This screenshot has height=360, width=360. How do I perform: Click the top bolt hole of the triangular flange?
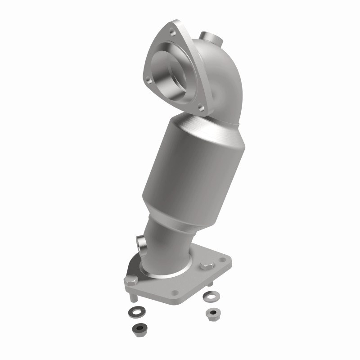click(172, 32)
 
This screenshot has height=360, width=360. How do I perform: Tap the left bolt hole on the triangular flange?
click(148, 80)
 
